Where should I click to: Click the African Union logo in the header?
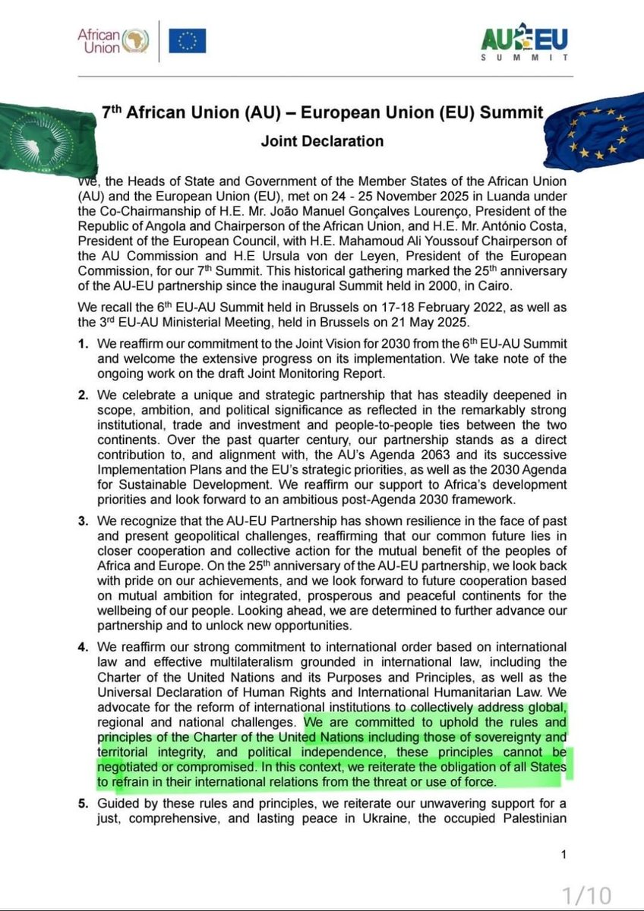[113, 40]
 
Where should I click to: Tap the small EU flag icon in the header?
[187, 40]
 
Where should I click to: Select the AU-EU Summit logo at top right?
[524, 43]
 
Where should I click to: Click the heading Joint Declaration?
[322, 141]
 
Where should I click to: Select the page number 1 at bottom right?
[563, 856]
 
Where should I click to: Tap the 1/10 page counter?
[586, 895]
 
